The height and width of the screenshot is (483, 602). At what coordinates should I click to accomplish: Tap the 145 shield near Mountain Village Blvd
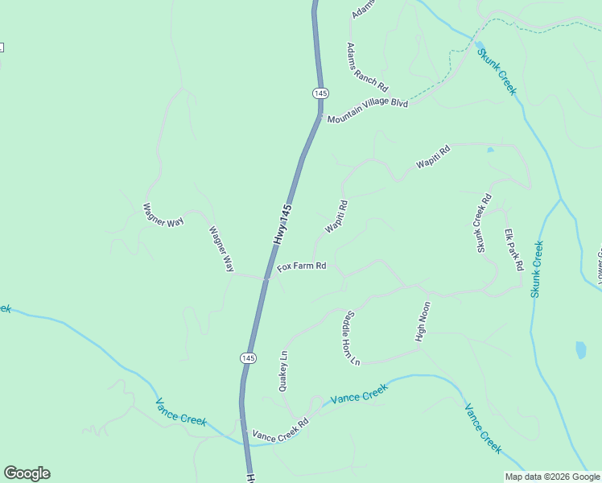point(320,93)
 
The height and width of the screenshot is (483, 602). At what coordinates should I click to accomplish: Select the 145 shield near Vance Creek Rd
point(248,357)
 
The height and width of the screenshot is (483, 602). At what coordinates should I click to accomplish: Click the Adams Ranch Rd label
point(367,67)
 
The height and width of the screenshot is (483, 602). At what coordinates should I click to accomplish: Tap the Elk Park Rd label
point(514,250)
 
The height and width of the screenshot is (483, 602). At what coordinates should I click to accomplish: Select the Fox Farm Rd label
point(302,266)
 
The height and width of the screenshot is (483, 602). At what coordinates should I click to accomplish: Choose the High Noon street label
point(423,322)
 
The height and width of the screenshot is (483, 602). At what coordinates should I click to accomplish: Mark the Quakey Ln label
point(282,371)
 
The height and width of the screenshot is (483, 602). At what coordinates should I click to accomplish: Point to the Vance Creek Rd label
point(280,431)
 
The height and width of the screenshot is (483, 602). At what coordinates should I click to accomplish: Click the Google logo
point(27,473)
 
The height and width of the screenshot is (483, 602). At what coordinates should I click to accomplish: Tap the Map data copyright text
point(552,477)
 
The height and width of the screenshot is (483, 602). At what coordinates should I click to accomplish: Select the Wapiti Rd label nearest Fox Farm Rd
point(336,217)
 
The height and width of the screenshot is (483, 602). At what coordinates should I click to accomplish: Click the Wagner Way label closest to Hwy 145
point(221,249)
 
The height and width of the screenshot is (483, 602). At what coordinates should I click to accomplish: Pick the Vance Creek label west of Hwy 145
point(181,411)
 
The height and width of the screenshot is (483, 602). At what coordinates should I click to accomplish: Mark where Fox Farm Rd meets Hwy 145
point(266,279)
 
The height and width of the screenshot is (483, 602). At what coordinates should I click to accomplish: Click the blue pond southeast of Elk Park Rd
point(580,350)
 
